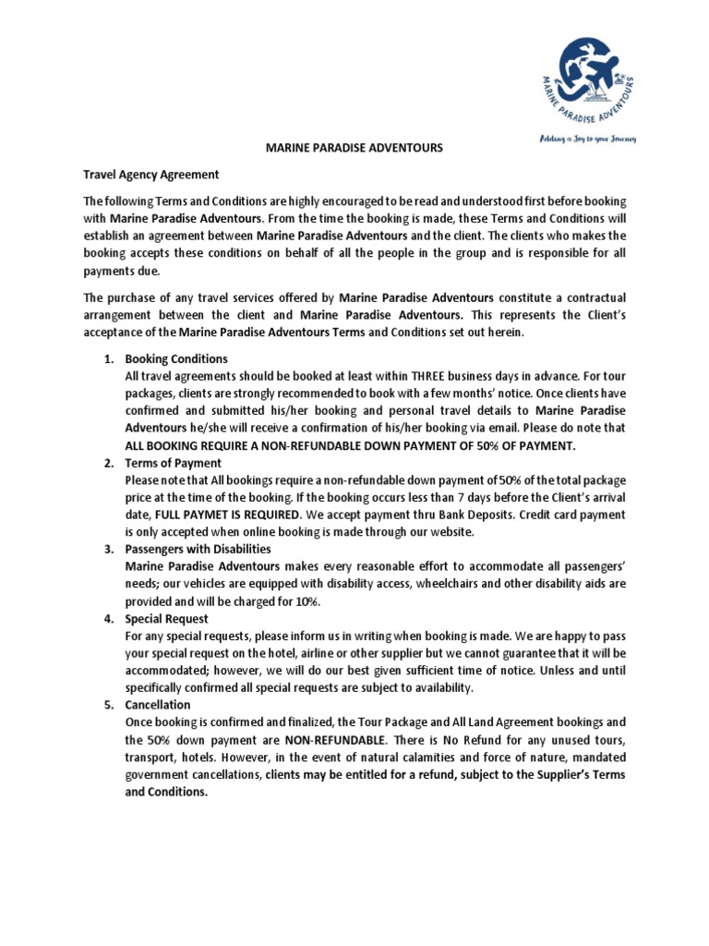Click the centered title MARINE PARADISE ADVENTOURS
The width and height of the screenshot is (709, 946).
[x=354, y=147]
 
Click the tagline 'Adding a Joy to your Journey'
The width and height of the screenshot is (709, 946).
[x=589, y=139]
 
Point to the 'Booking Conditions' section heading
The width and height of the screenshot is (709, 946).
[x=176, y=358]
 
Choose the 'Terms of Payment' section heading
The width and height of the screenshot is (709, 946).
[x=174, y=463]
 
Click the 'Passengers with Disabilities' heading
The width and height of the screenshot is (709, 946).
[x=196, y=550]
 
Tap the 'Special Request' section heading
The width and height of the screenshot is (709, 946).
[x=167, y=619]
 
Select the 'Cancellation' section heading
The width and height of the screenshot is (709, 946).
[x=158, y=705]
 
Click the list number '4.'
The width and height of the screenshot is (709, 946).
[x=108, y=619]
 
